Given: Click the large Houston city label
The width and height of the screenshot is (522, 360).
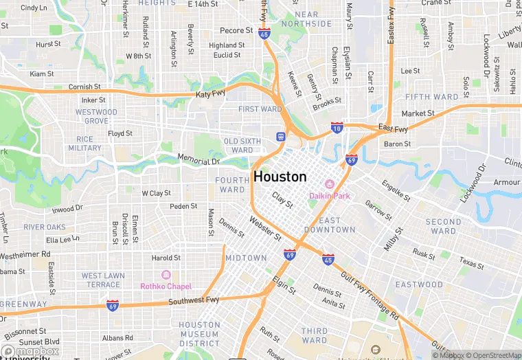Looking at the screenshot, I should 280,177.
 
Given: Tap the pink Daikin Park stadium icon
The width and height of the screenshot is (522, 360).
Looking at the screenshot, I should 329,184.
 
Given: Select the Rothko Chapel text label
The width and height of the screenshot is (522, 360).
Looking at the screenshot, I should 166,286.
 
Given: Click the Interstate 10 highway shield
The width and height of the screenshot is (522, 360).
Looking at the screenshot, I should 337,128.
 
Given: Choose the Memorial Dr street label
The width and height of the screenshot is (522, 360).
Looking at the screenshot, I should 198,161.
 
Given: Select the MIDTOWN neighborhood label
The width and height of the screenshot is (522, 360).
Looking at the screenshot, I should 246,258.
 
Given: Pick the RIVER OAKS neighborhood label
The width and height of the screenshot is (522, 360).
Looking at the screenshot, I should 45,227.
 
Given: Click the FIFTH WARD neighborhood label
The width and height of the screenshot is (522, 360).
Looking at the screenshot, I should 431,97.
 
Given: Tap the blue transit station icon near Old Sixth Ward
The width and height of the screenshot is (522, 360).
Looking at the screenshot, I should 280,136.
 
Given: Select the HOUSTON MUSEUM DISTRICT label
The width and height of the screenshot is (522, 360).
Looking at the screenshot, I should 199,334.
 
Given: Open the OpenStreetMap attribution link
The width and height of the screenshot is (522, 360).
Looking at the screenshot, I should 492,355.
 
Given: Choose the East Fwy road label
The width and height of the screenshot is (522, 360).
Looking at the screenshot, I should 393,128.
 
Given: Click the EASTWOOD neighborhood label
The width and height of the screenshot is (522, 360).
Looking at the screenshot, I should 419,284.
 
